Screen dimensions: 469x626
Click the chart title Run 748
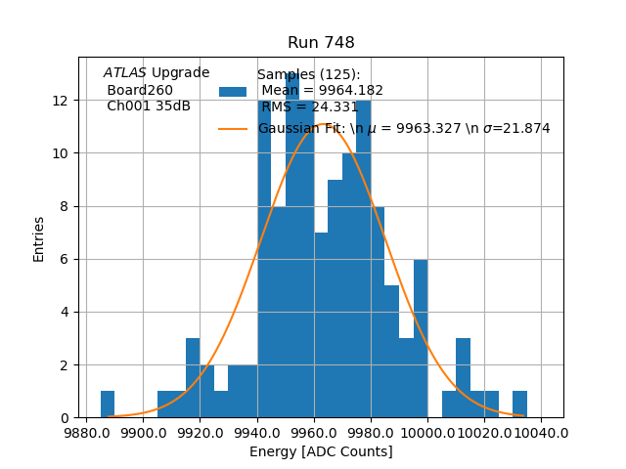point(321,43)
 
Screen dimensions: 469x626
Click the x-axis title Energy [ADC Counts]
point(321,451)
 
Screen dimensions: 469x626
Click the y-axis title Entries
point(39,238)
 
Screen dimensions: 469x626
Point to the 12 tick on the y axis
point(61,101)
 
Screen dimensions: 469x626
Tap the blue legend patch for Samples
point(233,91)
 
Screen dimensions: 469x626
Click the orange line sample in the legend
point(233,128)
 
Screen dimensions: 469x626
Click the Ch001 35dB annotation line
point(149,106)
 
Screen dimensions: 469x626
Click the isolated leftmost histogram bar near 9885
point(108,405)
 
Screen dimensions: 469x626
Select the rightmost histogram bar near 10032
point(519,405)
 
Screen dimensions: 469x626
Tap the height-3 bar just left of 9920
point(193,378)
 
